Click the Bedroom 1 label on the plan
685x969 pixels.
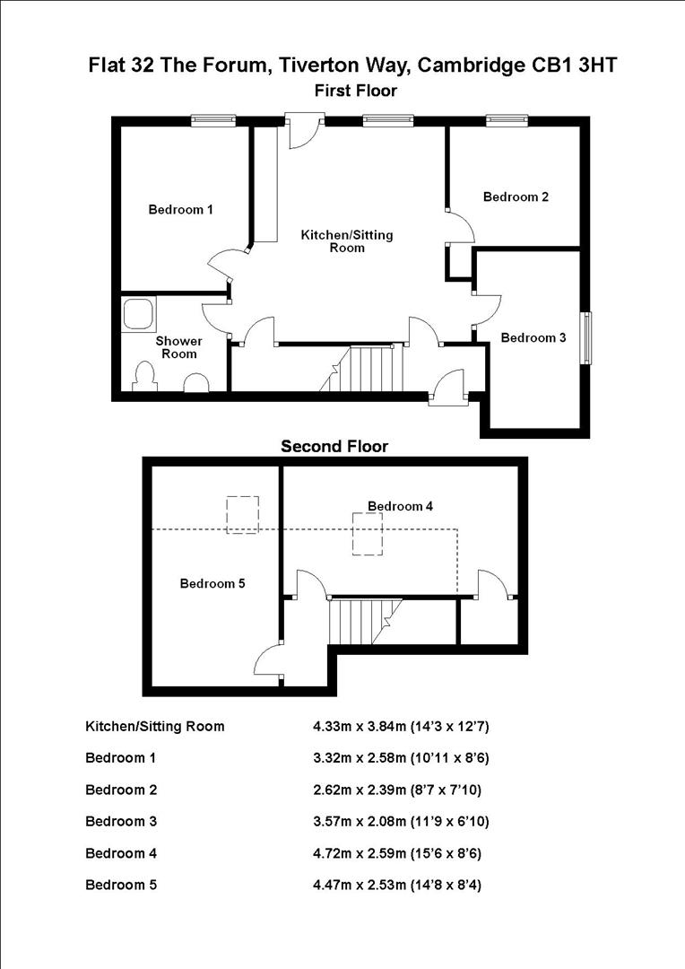click(x=180, y=210)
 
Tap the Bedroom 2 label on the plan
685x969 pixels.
click(x=516, y=196)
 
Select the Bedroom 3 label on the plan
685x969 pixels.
click(x=533, y=338)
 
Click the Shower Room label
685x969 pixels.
click(x=179, y=347)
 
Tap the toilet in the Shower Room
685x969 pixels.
click(x=144, y=379)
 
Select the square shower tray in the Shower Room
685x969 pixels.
click(x=140, y=313)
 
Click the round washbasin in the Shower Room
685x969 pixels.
click(x=195, y=385)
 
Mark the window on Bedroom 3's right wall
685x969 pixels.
click(x=587, y=337)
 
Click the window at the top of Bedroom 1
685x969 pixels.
click(x=213, y=120)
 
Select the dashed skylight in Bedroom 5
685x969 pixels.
click(x=242, y=515)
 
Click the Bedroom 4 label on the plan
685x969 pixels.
click(x=401, y=506)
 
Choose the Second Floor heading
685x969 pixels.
click(x=334, y=446)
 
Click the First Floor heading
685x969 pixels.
click(x=355, y=91)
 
